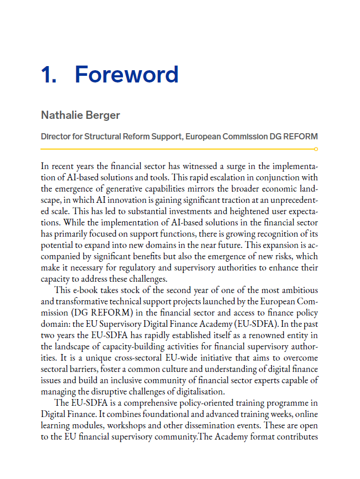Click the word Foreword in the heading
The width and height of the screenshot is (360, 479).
[x=126, y=75]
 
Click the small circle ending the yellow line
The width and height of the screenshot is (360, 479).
[x=316, y=149]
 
